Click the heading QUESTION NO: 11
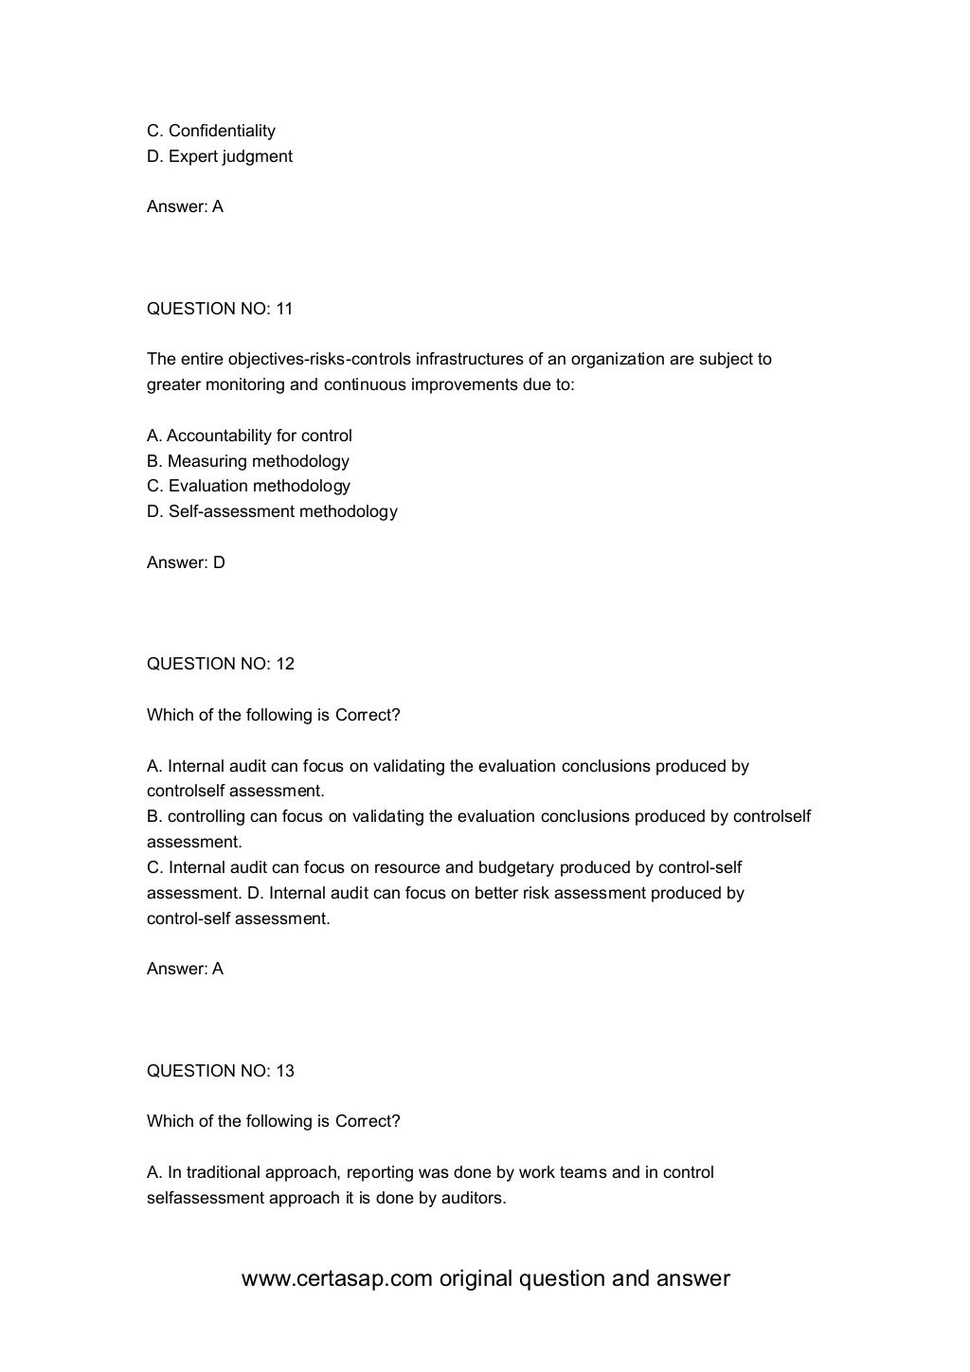(220, 309)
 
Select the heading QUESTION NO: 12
(220, 664)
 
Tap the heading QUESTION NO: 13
(220, 1071)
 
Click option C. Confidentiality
(211, 131)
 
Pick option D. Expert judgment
(220, 156)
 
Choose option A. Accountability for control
(249, 436)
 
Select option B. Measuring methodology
(248, 461)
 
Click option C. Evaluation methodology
(248, 486)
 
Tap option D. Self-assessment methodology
(272, 511)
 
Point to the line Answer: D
(186, 562)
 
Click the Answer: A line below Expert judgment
(185, 206)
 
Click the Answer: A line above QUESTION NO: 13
(185, 969)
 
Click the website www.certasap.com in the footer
(337, 1279)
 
